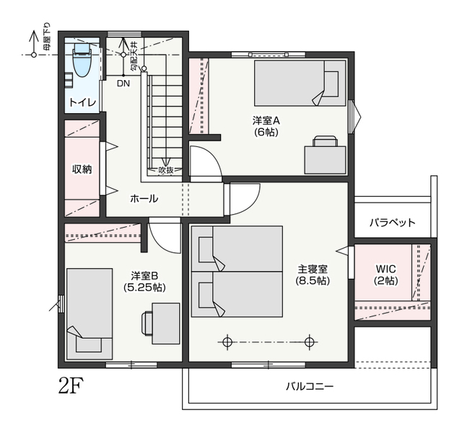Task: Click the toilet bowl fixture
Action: (x=81, y=60)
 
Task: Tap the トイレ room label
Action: (x=82, y=102)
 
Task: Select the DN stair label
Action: (x=123, y=84)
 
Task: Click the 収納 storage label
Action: (x=82, y=169)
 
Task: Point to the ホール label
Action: (x=144, y=199)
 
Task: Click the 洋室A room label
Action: (x=266, y=120)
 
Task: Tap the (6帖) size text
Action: (x=266, y=132)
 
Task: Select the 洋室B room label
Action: (x=144, y=276)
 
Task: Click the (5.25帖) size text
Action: (x=144, y=287)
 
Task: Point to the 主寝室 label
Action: (x=313, y=269)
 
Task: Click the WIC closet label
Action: (x=386, y=269)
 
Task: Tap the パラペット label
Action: (x=393, y=223)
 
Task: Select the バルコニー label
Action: (x=310, y=386)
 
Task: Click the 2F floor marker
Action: (x=71, y=386)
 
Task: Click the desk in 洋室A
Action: (x=326, y=160)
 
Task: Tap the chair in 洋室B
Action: (x=147, y=324)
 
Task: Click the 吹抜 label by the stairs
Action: (x=166, y=170)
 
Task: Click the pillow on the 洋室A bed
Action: (x=331, y=84)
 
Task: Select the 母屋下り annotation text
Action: (x=47, y=36)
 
